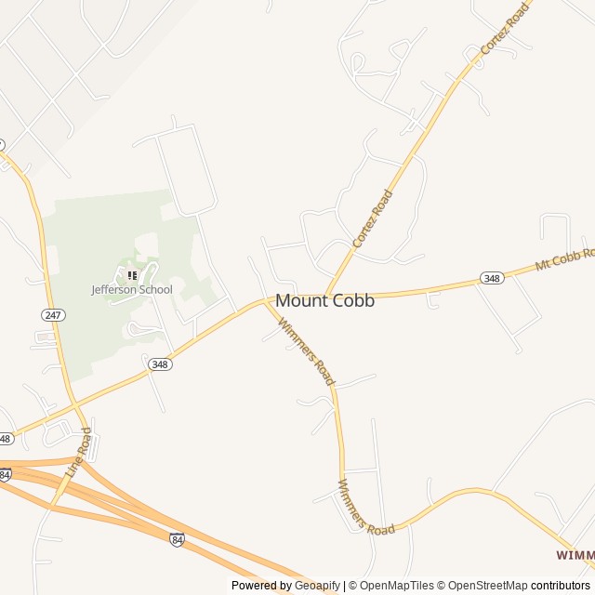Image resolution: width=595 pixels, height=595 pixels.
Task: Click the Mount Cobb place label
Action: pos(324,300)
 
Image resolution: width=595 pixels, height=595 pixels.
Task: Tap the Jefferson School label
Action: pos(131,289)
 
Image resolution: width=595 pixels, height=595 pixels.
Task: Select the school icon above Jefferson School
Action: pos(132,275)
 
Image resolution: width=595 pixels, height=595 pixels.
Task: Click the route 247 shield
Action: pos(53,315)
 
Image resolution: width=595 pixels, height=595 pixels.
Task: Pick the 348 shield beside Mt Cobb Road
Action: pos(492,278)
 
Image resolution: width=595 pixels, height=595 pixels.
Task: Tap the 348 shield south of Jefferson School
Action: pos(159,364)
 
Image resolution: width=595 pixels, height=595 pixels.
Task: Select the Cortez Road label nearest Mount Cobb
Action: pos(372,218)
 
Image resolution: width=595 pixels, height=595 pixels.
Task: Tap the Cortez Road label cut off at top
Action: pos(504,27)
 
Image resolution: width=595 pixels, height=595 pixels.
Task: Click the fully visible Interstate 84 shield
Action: pos(178,538)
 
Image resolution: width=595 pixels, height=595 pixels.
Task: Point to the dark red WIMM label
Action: pos(575,554)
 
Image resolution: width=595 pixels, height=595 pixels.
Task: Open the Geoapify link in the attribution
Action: pos(317,586)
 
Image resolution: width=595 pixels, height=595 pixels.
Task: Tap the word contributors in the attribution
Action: pos(560,586)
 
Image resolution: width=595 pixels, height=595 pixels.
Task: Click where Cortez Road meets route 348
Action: pos(327,296)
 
